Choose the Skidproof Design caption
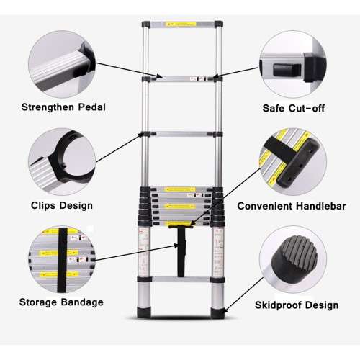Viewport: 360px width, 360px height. [x=296, y=305]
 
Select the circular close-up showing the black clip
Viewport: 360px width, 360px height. [x=60, y=160]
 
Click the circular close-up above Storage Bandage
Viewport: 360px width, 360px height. [x=60, y=255]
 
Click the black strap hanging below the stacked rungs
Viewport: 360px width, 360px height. [x=180, y=252]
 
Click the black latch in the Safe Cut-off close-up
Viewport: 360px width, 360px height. [x=282, y=70]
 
